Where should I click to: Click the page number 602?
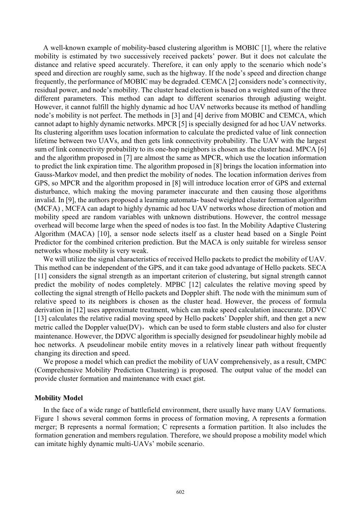coord(180,492)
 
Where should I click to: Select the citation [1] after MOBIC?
coord(264,48)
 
